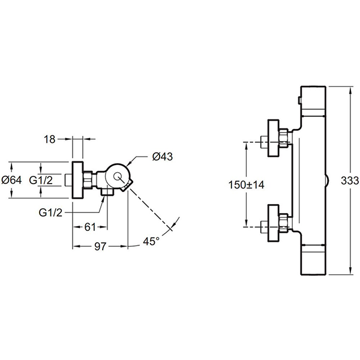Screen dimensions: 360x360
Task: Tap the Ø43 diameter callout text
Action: click(163, 157)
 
